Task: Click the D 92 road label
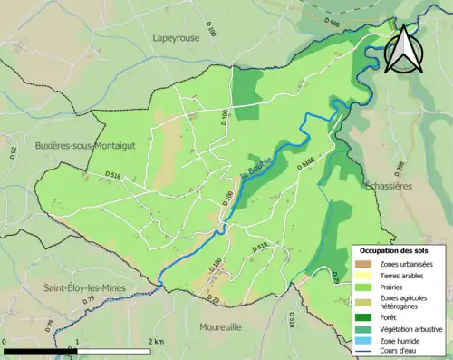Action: click(x=13, y=151)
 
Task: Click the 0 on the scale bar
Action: click(x=5, y=341)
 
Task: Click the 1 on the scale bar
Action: click(x=79, y=341)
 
